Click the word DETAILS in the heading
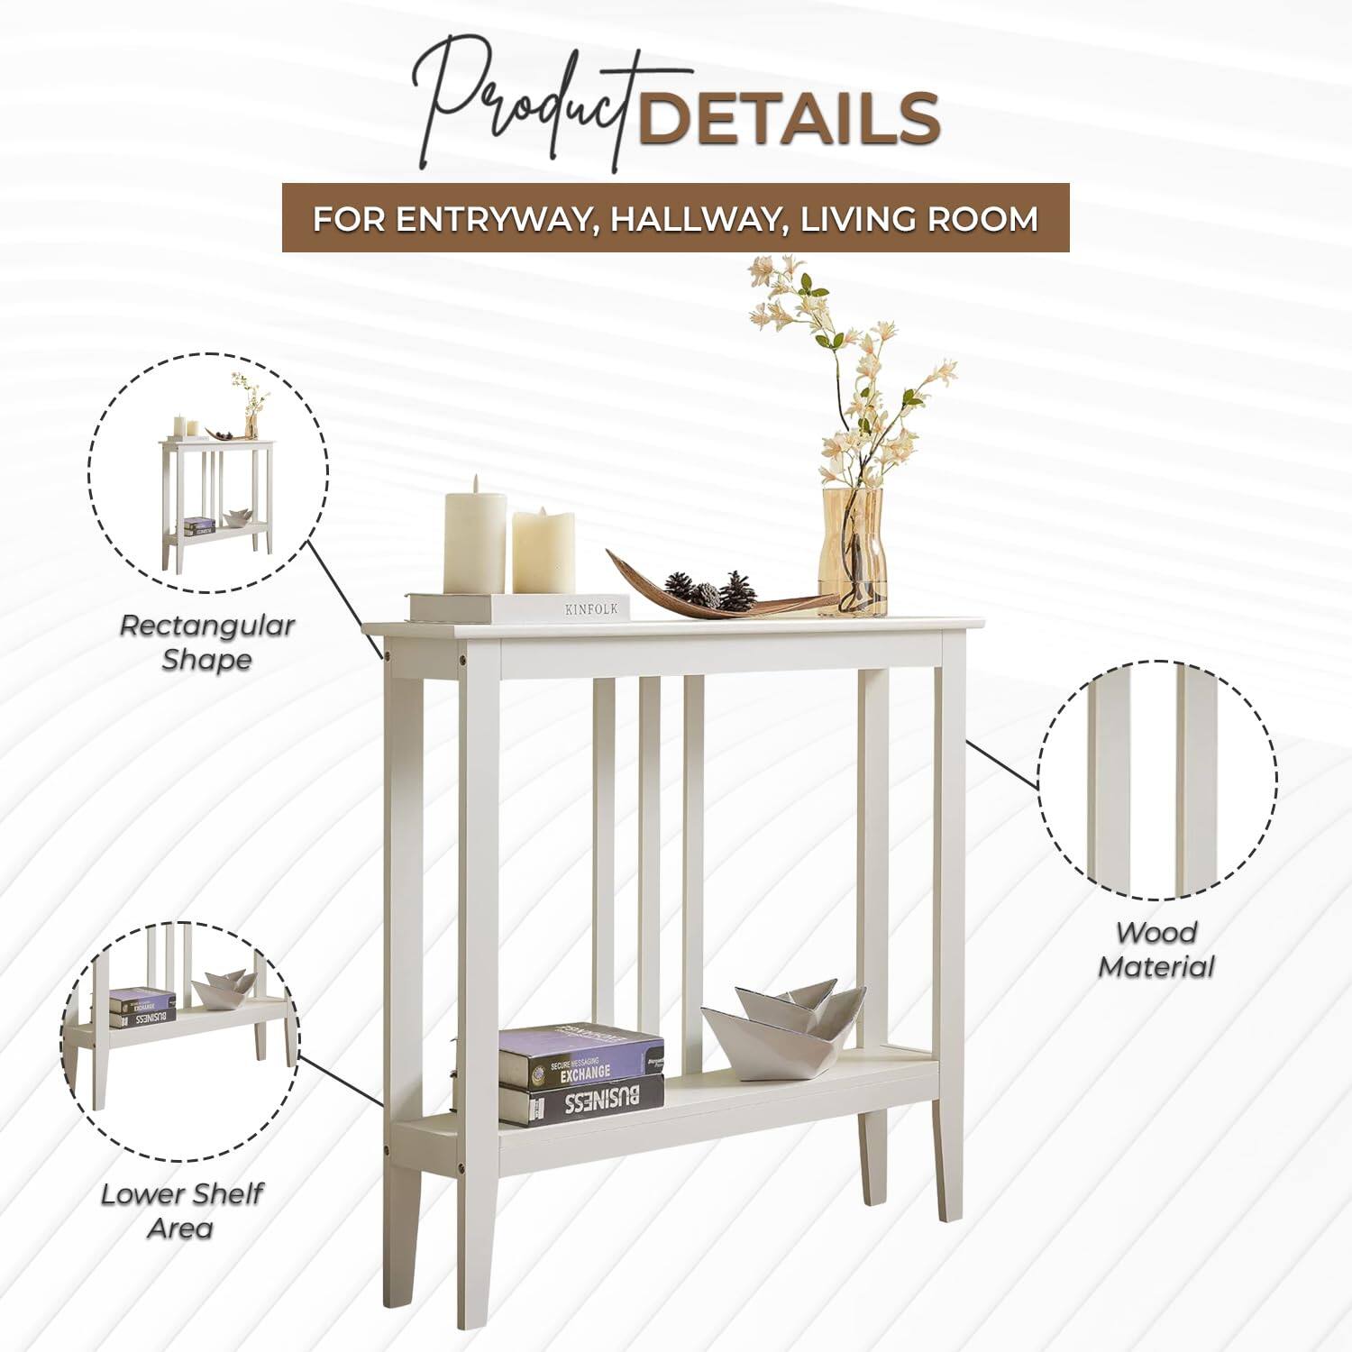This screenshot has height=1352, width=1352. click(x=789, y=117)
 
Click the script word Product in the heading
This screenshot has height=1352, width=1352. click(x=532, y=108)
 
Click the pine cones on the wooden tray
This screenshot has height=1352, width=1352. click(x=712, y=590)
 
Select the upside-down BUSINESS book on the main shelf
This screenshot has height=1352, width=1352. click(x=581, y=1101)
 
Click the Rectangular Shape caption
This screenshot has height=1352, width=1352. click(x=206, y=642)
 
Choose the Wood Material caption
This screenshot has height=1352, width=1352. click(x=1156, y=950)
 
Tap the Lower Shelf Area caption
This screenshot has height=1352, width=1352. click(x=180, y=1210)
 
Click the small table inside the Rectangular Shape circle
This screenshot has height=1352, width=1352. click(x=216, y=496)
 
